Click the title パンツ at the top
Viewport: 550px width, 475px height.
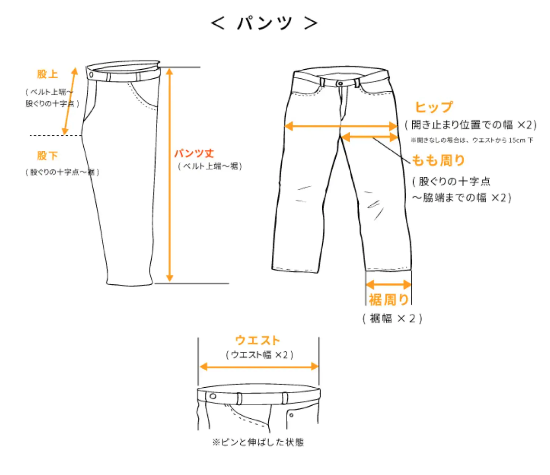(264, 22)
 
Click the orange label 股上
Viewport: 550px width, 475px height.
(47, 74)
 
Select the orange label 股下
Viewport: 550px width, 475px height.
(47, 156)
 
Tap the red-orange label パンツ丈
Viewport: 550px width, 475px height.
(194, 154)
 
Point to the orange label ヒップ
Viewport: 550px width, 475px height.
(433, 107)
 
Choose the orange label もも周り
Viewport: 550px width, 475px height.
(438, 160)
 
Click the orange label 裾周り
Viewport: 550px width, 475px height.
(388, 300)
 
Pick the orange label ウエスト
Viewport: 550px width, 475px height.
(257, 341)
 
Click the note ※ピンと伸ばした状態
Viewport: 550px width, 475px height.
(258, 442)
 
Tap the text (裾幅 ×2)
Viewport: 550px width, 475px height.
(392, 318)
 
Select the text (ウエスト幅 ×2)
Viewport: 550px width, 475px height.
(259, 355)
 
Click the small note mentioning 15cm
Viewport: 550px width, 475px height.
(472, 140)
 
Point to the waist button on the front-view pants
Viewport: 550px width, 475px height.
(340, 84)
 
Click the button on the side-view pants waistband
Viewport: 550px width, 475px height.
(92, 74)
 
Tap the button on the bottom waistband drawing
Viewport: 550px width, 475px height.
(213, 396)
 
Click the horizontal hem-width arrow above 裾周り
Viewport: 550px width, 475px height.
(388, 285)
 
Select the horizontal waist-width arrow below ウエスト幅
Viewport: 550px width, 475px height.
(259, 367)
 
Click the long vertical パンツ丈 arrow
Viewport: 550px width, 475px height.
(169, 175)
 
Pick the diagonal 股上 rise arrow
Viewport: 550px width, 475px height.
(70, 101)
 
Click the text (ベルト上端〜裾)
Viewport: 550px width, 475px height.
(210, 166)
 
